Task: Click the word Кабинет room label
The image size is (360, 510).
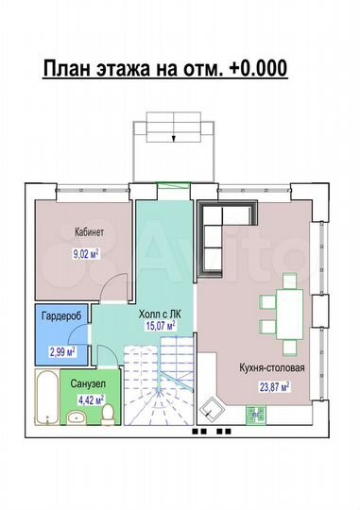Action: (89, 232)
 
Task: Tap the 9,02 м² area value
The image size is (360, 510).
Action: (86, 254)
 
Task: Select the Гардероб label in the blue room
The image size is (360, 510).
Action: (61, 315)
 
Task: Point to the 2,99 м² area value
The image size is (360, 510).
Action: (62, 351)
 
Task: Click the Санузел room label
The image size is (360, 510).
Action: (88, 383)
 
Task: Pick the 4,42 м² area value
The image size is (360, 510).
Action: (91, 399)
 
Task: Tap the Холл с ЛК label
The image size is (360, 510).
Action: (160, 314)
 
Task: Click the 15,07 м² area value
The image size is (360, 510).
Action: (162, 326)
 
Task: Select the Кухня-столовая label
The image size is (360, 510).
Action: (272, 368)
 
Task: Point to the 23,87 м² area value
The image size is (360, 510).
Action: (274, 387)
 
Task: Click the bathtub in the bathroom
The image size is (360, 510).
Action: (47, 397)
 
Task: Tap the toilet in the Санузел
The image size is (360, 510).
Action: (108, 414)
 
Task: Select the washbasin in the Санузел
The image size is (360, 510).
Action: (77, 417)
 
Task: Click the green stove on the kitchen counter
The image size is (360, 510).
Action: (256, 415)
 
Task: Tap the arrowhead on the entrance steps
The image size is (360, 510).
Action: (174, 139)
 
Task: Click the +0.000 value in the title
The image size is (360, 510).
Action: (260, 68)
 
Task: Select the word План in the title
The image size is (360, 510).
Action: (66, 68)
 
